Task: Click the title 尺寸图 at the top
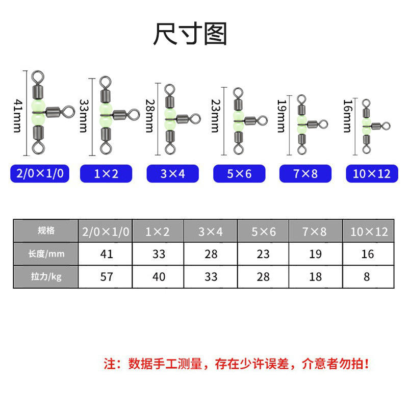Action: tap(190, 35)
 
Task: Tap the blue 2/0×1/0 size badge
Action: tap(40, 173)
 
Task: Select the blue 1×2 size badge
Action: tap(106, 173)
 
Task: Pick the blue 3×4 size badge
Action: tap(173, 173)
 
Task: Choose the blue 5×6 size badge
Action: tap(239, 173)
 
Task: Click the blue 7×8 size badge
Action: tap(305, 173)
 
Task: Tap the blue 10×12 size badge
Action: tap(371, 173)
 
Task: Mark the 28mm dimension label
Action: tap(149, 116)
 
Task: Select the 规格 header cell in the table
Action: tap(46, 231)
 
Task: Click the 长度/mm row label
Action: tap(46, 253)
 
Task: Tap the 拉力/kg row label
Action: tap(46, 276)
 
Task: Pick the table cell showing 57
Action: tap(106, 277)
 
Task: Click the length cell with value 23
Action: tap(264, 254)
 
